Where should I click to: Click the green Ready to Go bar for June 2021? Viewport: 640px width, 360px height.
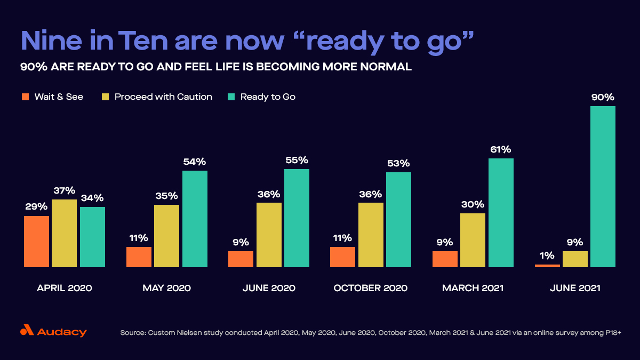(x=603, y=187)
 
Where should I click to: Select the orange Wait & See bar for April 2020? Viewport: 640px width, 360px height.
(x=36, y=241)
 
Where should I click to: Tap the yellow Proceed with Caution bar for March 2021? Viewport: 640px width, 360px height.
(x=473, y=240)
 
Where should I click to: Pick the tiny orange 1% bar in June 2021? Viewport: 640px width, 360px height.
(x=547, y=266)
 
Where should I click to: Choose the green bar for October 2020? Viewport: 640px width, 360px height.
(x=398, y=219)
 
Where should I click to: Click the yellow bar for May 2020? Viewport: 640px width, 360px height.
(x=166, y=235)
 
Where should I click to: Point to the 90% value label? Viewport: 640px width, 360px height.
(x=603, y=98)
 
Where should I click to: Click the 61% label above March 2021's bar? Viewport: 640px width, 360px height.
(x=500, y=149)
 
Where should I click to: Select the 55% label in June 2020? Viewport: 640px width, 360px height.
(x=297, y=160)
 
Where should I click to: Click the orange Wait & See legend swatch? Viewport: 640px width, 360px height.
(x=25, y=97)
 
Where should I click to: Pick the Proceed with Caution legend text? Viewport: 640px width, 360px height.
(x=163, y=97)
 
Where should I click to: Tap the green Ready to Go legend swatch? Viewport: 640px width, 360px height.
(x=231, y=97)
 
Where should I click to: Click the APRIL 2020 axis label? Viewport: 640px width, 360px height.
(x=64, y=288)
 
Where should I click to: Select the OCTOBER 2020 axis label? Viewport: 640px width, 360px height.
(x=370, y=288)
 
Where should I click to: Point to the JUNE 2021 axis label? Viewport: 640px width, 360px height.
(x=574, y=288)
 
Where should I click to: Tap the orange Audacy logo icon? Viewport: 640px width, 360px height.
(x=27, y=331)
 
